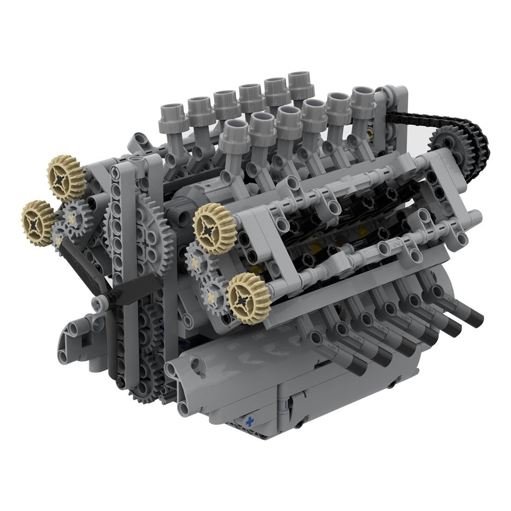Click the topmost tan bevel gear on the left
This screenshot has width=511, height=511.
point(66,177)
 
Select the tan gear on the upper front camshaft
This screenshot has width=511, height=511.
point(214,228)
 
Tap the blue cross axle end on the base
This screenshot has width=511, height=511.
point(251,422)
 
